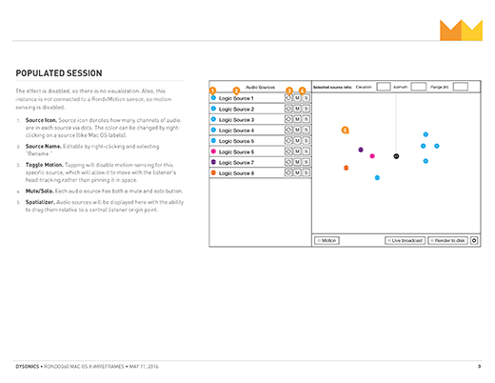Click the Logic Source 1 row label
coord(236,98)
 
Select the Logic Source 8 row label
coord(236,172)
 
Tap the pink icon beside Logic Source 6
coord(214,151)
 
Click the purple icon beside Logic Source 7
coord(214,162)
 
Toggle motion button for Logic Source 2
coord(287,109)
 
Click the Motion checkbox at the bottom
coord(327,240)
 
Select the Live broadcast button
coord(405,240)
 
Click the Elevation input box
coord(383,87)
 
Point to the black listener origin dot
coord(396,155)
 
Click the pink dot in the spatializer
coord(372,156)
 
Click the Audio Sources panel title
coord(260,87)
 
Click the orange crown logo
coord(461,30)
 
